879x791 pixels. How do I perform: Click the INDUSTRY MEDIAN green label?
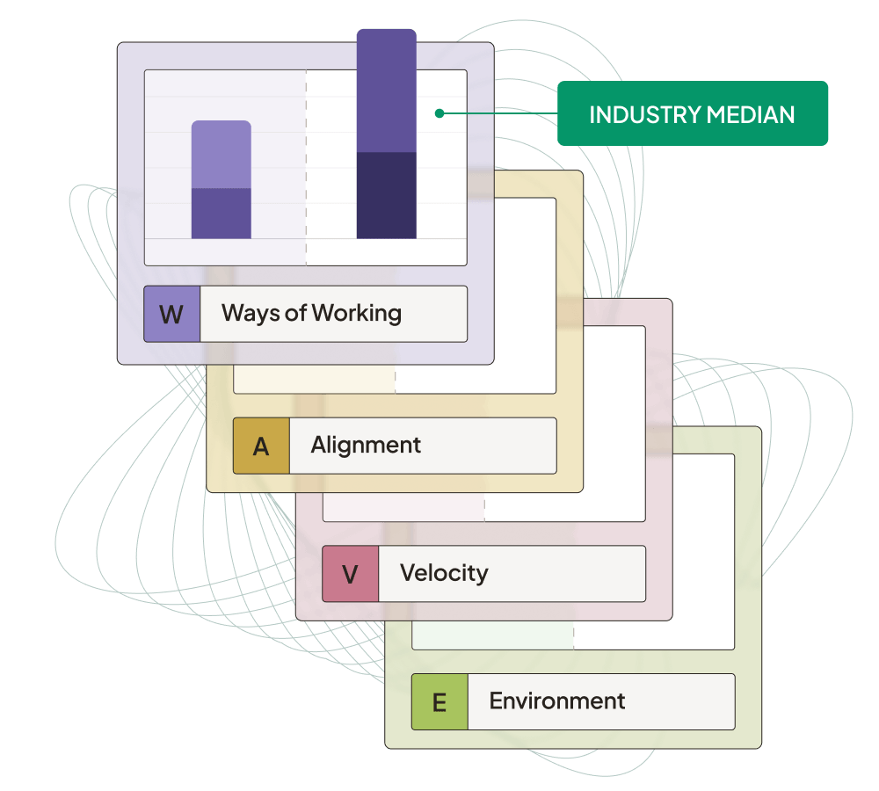click(693, 113)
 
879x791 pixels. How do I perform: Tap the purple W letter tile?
click(171, 314)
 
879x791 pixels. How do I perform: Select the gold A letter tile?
click(261, 446)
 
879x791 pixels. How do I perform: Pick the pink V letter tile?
click(350, 574)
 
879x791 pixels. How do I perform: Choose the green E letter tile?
click(439, 701)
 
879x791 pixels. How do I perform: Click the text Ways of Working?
click(311, 313)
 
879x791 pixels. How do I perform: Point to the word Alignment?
click(366, 445)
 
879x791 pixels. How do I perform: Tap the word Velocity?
click(444, 573)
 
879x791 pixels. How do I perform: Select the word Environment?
click(556, 700)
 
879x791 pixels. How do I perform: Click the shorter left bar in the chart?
click(222, 179)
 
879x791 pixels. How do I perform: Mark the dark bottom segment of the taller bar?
click(386, 195)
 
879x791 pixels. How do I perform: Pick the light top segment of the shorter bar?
click(222, 155)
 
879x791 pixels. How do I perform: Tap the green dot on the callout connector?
click(439, 113)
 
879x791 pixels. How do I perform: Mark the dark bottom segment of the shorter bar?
click(222, 213)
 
